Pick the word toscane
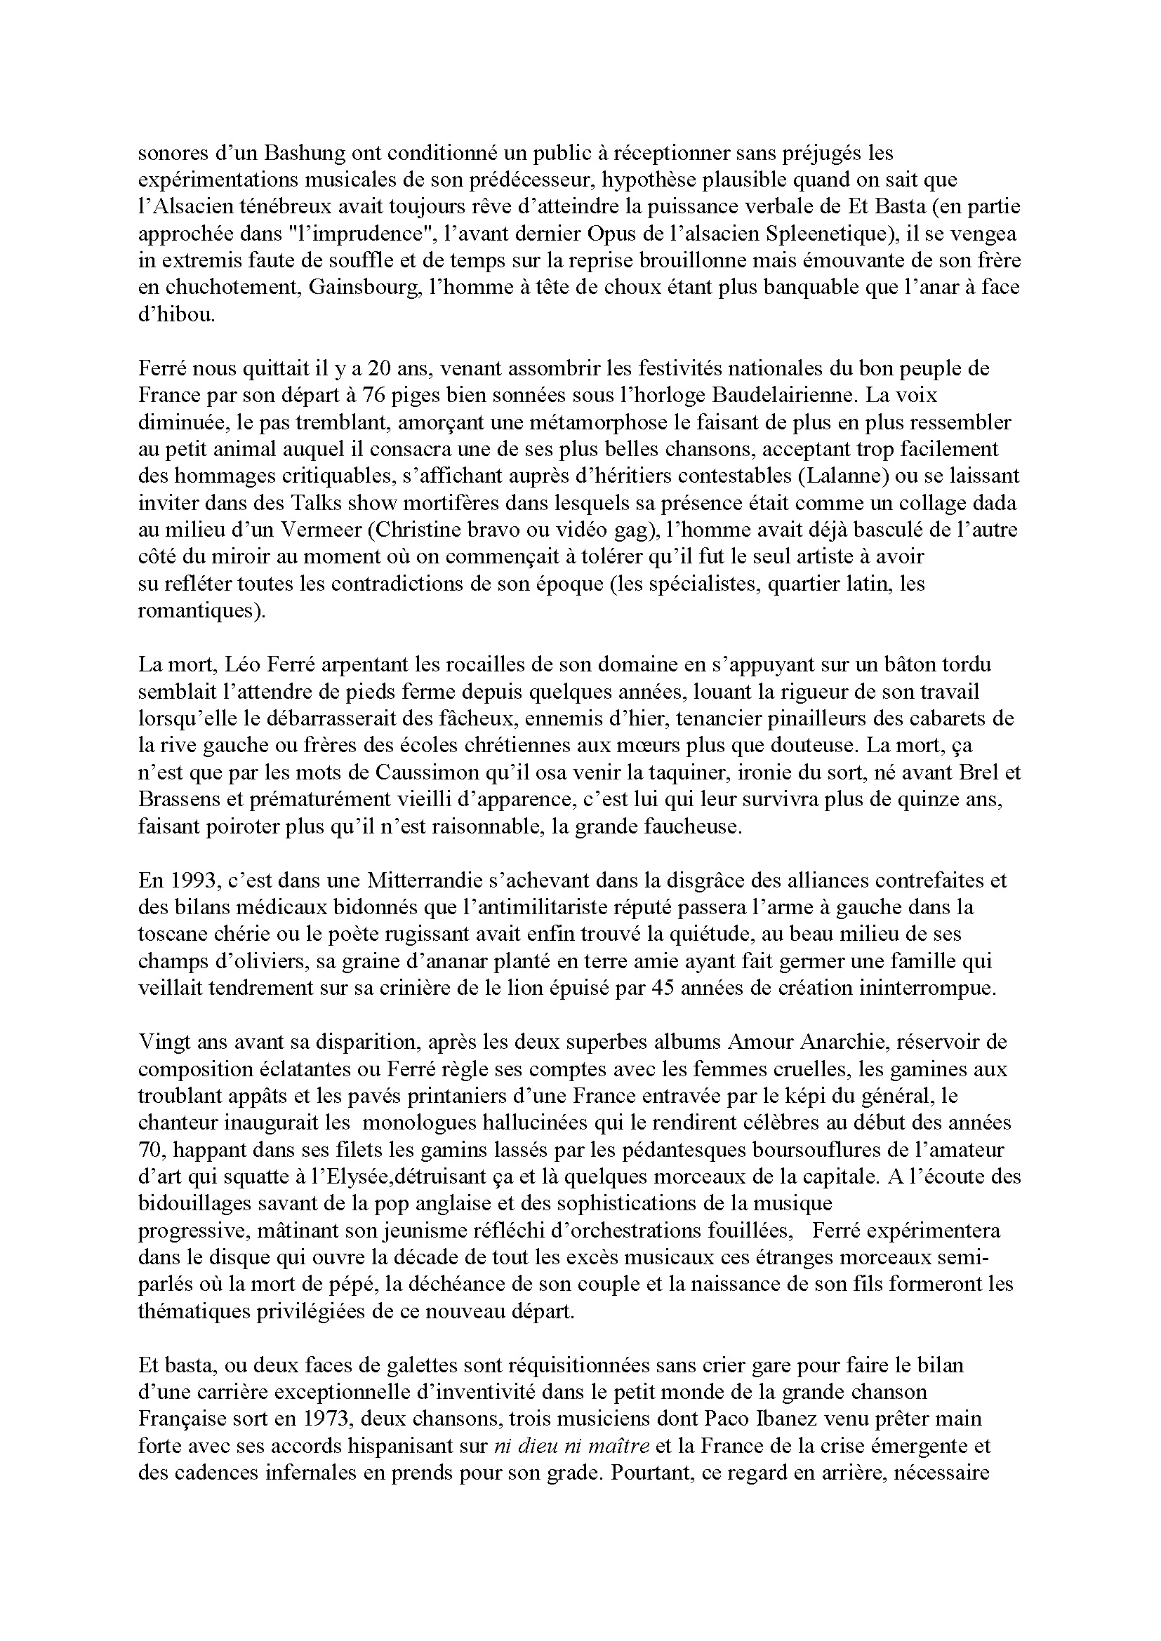(x=168, y=934)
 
